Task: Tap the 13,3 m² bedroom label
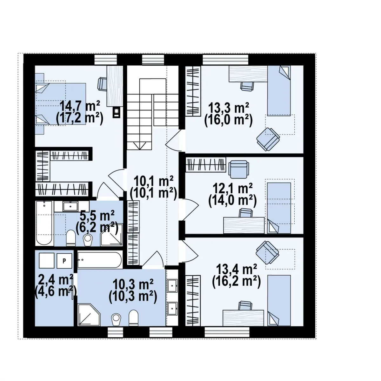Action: pyautogui.click(x=228, y=108)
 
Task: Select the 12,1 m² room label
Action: pyautogui.click(x=232, y=188)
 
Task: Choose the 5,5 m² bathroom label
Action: pyautogui.click(x=97, y=216)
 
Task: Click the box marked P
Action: pyautogui.click(x=64, y=261)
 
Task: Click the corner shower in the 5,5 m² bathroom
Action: pyautogui.click(x=111, y=235)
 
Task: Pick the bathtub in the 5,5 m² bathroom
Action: pyautogui.click(x=44, y=223)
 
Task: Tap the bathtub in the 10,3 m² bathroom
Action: pyautogui.click(x=99, y=260)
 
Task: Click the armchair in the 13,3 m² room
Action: pyautogui.click(x=268, y=139)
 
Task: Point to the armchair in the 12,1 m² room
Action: pyautogui.click(x=239, y=169)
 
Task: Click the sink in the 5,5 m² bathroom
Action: pyautogui.click(x=70, y=206)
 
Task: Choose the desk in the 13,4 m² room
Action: pyautogui.click(x=243, y=318)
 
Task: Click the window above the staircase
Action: pyautogui.click(x=153, y=60)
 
